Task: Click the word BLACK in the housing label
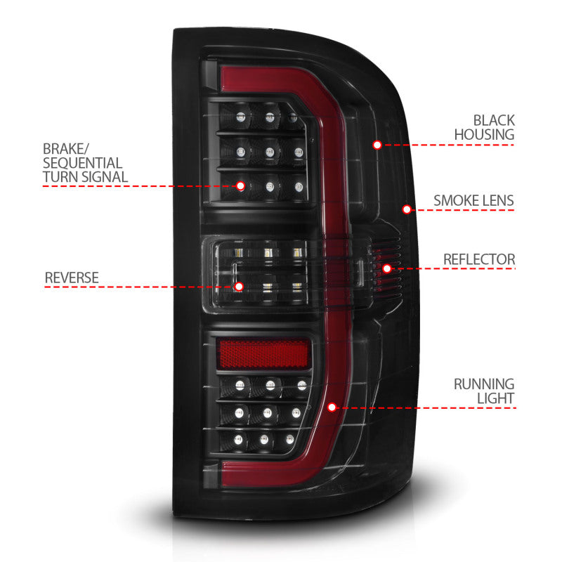(493, 120)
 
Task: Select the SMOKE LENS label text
(473, 200)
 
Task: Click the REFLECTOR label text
(478, 259)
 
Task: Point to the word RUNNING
(483, 384)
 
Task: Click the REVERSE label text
(71, 277)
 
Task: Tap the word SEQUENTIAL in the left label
(82, 163)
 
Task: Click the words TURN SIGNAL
(84, 176)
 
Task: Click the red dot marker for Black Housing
(377, 145)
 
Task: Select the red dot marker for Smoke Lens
(406, 209)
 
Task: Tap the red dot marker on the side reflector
(386, 268)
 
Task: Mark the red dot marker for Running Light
(332, 406)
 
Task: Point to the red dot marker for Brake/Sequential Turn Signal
(240, 186)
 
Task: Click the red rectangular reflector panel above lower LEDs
(264, 355)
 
